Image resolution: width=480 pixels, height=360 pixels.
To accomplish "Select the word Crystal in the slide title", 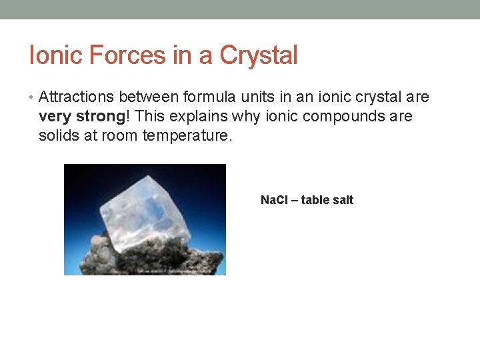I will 258,55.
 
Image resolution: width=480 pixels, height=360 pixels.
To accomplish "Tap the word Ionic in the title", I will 51,55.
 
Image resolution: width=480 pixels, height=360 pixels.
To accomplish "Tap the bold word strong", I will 99,117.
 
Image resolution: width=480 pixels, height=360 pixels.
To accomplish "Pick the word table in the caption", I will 315,200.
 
